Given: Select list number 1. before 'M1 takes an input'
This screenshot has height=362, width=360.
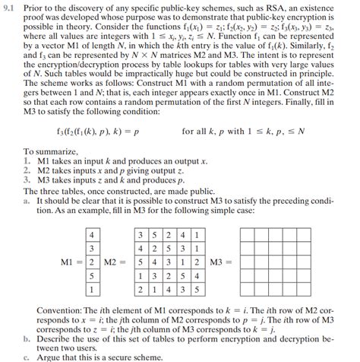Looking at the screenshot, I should click(x=27, y=161).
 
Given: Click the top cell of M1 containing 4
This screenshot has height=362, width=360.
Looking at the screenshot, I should click(x=93, y=233).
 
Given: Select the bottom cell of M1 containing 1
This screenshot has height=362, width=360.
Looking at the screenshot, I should click(x=93, y=290).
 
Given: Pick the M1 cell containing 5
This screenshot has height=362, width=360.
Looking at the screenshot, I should click(x=93, y=275).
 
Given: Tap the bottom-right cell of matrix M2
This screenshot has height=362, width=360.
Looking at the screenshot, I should click(x=196, y=290).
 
